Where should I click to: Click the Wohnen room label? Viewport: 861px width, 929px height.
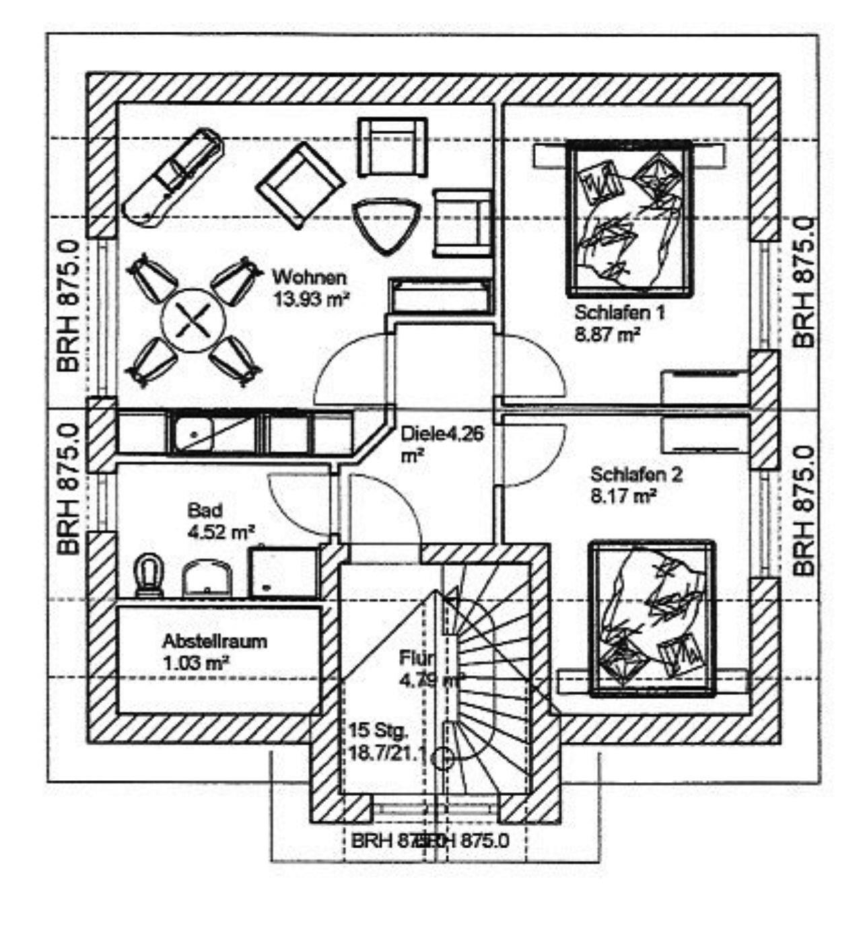[x=309, y=277]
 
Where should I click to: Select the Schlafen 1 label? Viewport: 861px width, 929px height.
[x=619, y=313]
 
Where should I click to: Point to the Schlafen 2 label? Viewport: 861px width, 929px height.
[x=636, y=475]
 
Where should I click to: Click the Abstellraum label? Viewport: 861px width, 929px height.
[x=214, y=641]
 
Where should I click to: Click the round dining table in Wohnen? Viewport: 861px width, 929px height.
[x=194, y=320]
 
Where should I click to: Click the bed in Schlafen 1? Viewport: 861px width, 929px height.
[x=630, y=219]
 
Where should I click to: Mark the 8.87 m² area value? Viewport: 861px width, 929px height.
[x=607, y=335]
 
